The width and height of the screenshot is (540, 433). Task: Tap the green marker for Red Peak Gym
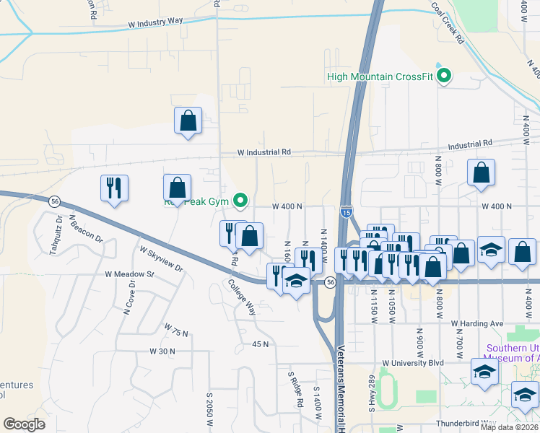pyautogui.click(x=243, y=200)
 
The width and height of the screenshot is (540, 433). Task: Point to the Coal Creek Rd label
pyautogui.click(x=448, y=22)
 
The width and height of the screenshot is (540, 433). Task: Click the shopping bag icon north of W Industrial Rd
pyautogui.click(x=188, y=121)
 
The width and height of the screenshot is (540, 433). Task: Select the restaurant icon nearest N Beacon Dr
pyautogui.click(x=114, y=188)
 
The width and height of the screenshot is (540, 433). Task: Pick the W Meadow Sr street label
pyautogui.click(x=130, y=274)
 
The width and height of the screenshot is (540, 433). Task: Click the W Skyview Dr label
pyautogui.click(x=162, y=259)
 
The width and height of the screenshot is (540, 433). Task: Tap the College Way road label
pyautogui.click(x=242, y=298)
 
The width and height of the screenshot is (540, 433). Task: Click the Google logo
pyautogui.click(x=25, y=424)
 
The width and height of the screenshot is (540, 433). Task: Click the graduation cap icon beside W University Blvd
pyautogui.click(x=484, y=371)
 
